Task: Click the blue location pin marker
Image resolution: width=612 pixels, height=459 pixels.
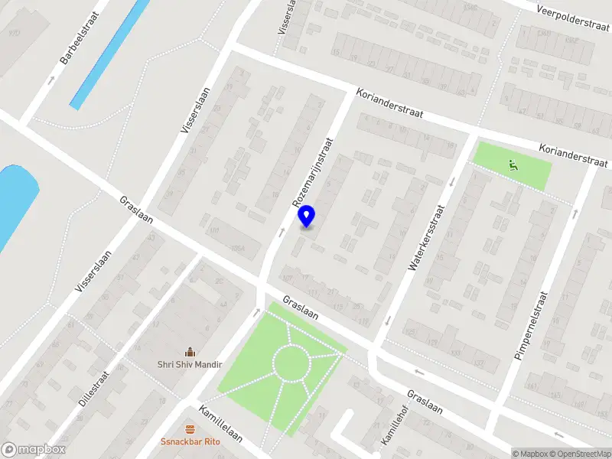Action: [x=307, y=216]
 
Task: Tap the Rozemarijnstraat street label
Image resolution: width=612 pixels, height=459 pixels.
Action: [x=314, y=173]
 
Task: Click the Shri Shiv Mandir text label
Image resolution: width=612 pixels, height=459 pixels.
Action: [x=190, y=365]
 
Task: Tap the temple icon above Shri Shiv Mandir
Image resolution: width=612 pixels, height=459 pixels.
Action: [x=190, y=352]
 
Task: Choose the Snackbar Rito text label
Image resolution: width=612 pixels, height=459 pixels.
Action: [x=190, y=441]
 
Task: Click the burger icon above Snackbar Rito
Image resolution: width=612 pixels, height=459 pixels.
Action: [x=190, y=428]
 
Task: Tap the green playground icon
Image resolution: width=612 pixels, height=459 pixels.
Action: [x=513, y=163]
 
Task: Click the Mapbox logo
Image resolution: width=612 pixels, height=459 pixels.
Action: [x=34, y=450]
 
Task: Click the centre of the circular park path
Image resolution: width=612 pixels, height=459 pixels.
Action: [x=292, y=363]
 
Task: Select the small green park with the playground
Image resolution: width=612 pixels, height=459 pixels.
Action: [x=513, y=165]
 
